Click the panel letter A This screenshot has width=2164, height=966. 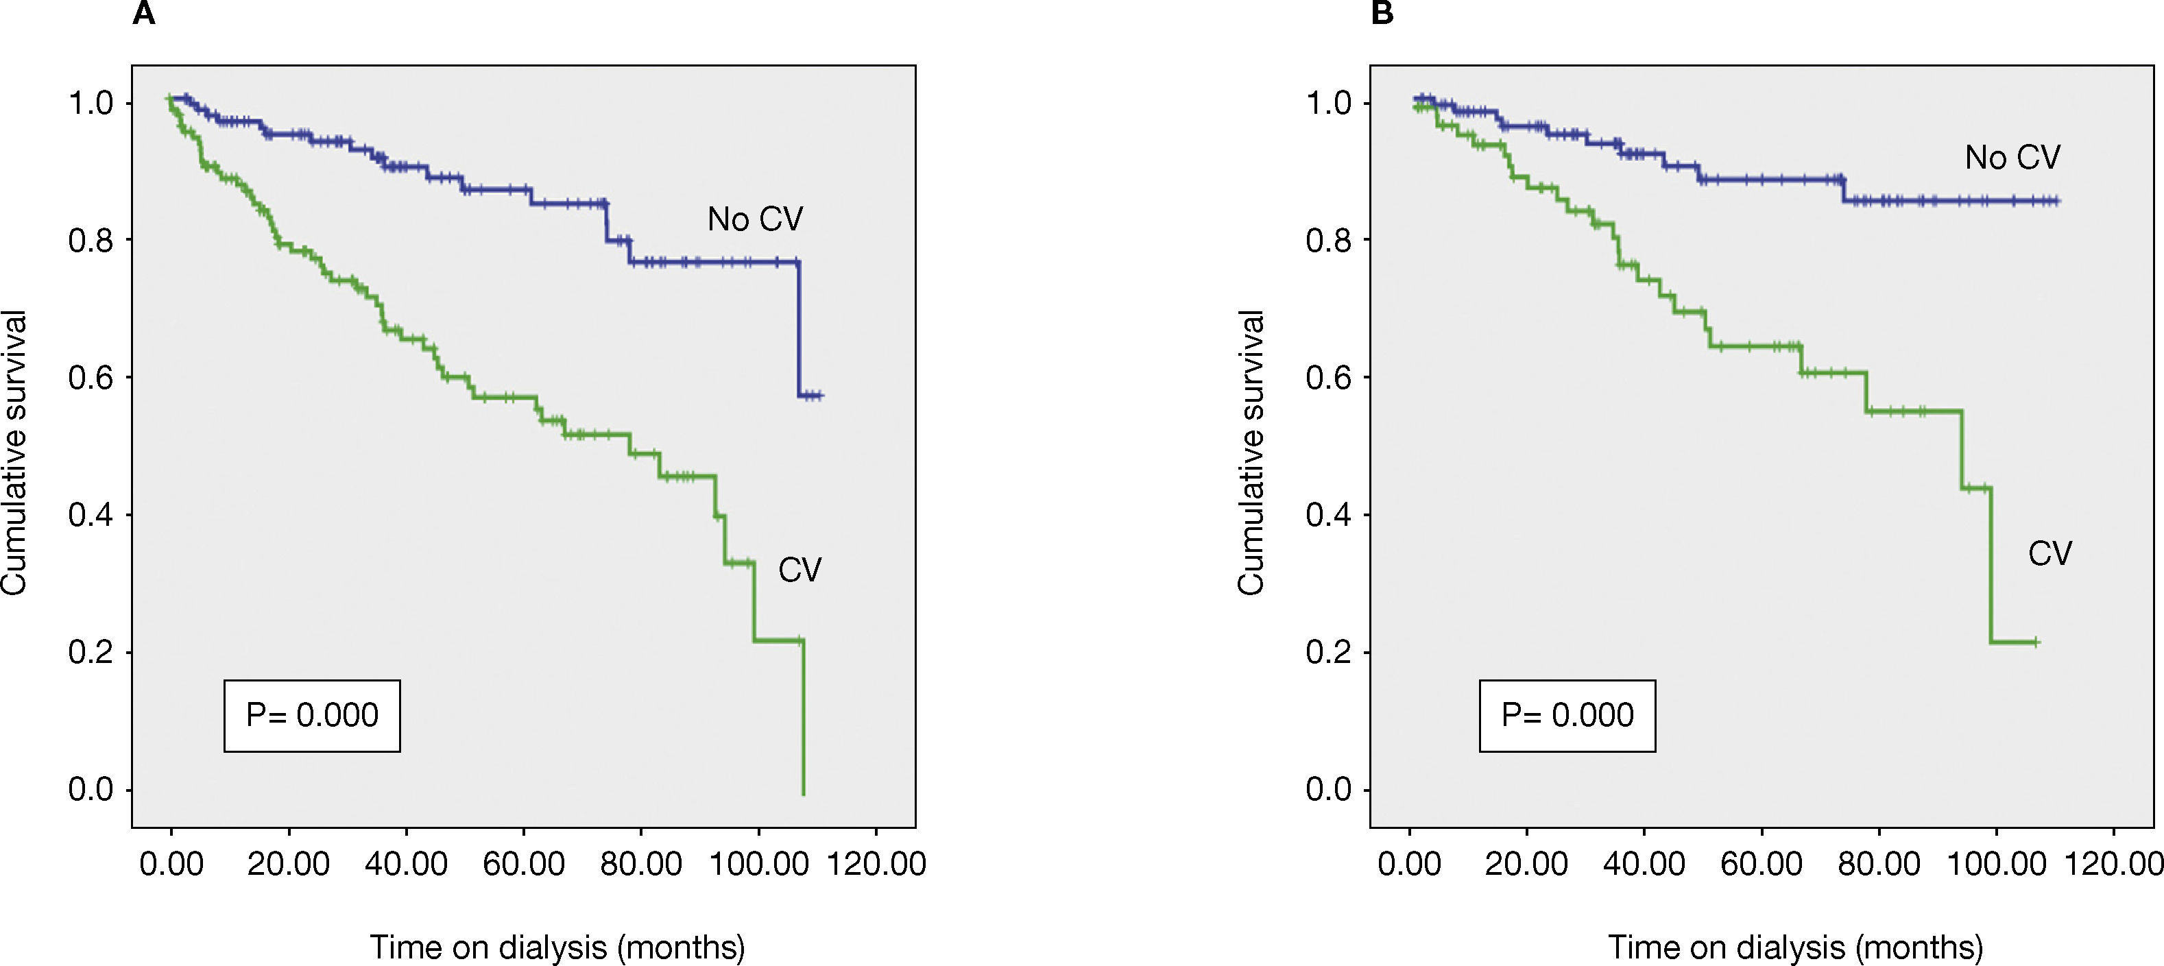point(144,14)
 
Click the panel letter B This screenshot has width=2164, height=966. point(1382,14)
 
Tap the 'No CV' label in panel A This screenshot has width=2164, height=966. point(754,219)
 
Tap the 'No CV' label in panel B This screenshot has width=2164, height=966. point(2012,157)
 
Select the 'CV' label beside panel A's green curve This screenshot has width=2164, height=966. point(799,570)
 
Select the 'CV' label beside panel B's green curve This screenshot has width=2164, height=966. point(2049,553)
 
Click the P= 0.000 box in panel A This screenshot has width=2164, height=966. point(312,716)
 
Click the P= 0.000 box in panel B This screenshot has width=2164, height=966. point(1567,716)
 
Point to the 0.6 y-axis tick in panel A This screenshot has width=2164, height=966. point(91,377)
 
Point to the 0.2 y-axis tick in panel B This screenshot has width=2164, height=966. point(1328,653)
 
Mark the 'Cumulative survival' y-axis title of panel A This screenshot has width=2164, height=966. point(14,454)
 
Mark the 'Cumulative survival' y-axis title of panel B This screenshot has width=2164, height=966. point(1251,454)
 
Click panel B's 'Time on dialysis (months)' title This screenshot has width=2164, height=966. point(1795,947)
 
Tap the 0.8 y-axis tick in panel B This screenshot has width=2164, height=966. point(1328,240)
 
